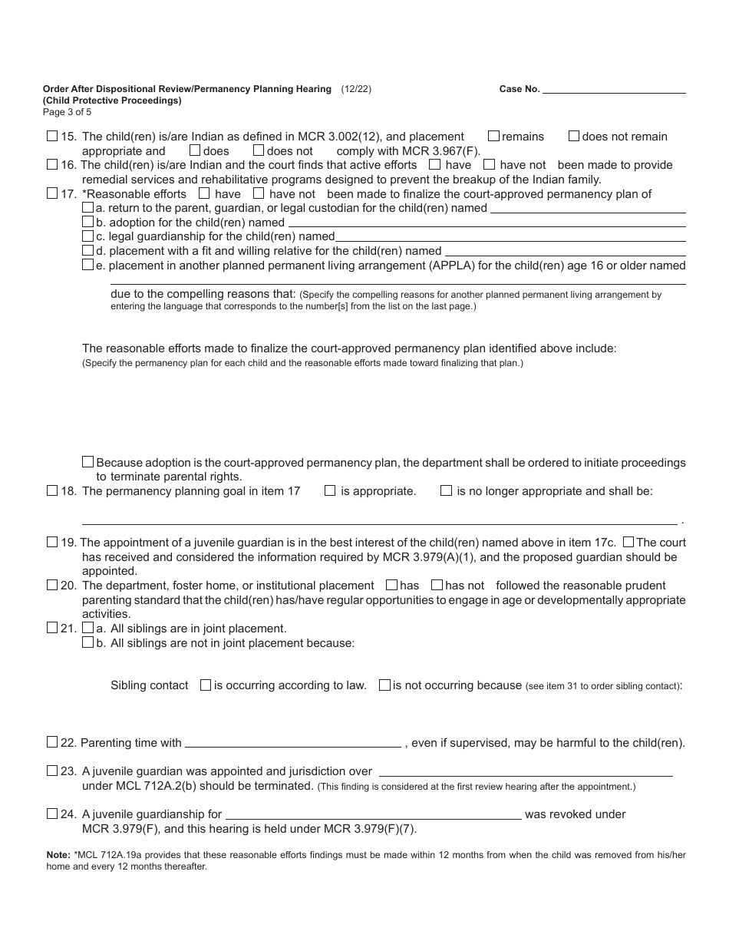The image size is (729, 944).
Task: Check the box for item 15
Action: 52,136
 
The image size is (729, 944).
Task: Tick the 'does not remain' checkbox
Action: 574,136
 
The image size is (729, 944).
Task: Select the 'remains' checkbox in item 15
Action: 494,136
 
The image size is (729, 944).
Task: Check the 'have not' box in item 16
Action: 490,164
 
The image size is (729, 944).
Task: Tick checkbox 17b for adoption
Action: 87,223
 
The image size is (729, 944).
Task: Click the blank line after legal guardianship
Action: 510,236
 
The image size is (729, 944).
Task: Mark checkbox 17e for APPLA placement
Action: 87,265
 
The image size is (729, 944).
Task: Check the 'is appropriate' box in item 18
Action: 330,490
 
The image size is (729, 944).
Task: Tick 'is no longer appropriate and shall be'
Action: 446,490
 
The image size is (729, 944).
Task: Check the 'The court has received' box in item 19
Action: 628,542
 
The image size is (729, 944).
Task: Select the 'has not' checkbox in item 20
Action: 437,585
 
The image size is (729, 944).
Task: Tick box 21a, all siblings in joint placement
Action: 87,628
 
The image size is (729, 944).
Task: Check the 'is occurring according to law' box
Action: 206,685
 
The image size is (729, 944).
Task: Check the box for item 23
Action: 52,771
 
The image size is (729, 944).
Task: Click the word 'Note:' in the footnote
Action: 58,854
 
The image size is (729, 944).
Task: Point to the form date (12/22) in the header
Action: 356,89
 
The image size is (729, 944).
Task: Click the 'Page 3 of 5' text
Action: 67,111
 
